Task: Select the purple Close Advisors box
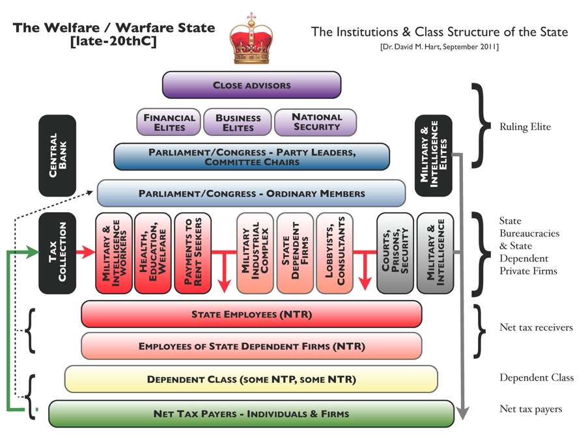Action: click(x=251, y=85)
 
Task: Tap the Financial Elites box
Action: click(x=169, y=122)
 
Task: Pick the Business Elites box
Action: click(x=238, y=122)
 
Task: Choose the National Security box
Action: click(x=316, y=122)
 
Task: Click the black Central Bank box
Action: click(x=57, y=156)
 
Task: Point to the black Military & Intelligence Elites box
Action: click(x=433, y=156)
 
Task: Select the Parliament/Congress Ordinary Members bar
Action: click(x=251, y=193)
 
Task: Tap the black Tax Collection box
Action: click(x=57, y=253)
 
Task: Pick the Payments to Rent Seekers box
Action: click(x=193, y=253)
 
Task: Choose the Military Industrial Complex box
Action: click(x=255, y=253)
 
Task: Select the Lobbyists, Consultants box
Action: click(x=334, y=253)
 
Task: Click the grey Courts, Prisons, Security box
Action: click(x=395, y=253)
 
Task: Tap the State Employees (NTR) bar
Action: click(x=251, y=314)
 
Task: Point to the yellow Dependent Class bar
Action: click(x=251, y=379)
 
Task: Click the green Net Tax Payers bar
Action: click(x=251, y=413)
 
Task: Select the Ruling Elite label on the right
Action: click(x=525, y=127)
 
